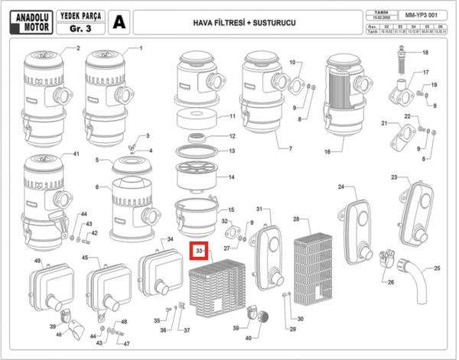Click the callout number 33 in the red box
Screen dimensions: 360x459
(x=199, y=250)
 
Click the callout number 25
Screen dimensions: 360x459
(x=438, y=268)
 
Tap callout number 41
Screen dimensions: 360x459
(x=75, y=154)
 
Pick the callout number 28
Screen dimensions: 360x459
(x=295, y=219)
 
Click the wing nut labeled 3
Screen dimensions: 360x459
(x=132, y=144)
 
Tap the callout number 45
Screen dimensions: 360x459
(x=84, y=258)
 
